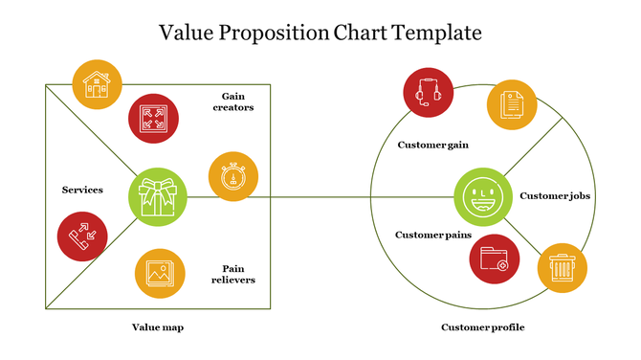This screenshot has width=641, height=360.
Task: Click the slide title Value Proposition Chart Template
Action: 320,34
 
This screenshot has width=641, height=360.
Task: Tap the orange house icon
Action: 96,83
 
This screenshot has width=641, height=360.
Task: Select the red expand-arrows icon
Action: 153,118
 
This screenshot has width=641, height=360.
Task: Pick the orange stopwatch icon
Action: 233,176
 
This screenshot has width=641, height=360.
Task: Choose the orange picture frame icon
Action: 160,273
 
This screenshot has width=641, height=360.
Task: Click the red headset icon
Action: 428,93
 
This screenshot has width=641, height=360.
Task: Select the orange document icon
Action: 513,104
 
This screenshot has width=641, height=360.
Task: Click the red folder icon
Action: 495,258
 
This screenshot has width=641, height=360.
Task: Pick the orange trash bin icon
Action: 562,267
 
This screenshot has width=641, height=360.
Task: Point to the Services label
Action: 82,190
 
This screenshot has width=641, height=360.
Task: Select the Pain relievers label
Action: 238,274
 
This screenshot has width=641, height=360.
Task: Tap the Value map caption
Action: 158,327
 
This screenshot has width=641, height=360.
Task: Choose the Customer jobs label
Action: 555,196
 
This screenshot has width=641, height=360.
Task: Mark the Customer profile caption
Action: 483,327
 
